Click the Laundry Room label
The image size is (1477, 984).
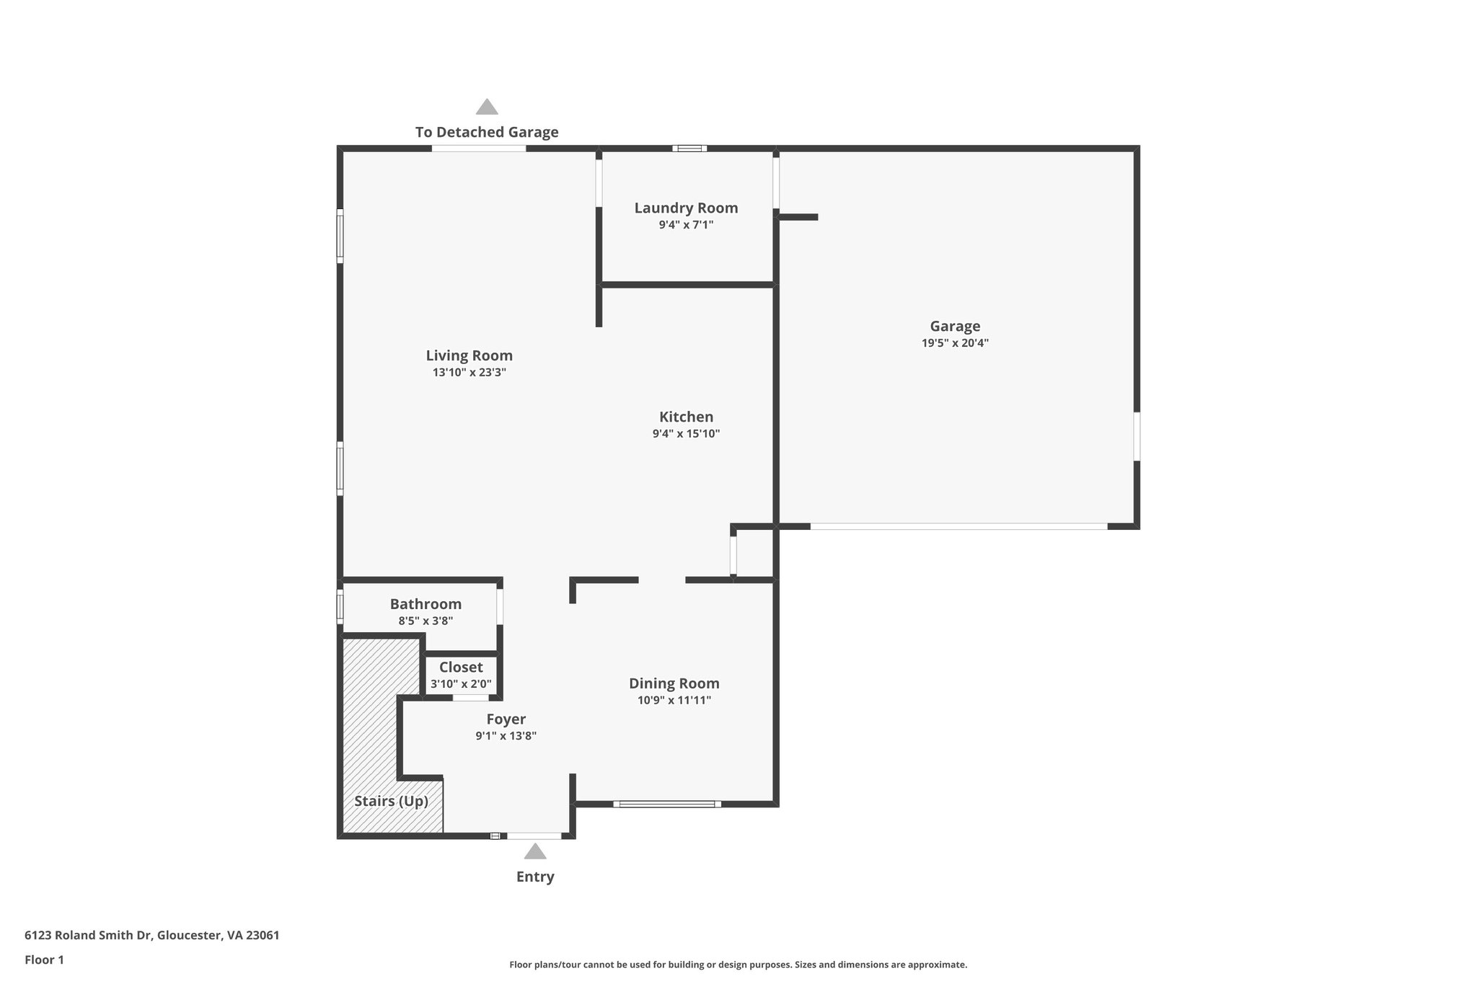coord(686,208)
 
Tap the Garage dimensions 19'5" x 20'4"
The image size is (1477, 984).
coord(955,343)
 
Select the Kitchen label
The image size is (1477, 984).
coord(686,417)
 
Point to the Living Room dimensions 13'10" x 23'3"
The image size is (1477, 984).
coord(469,373)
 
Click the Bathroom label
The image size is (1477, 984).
coord(426,604)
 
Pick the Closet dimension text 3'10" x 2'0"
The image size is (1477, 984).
coord(461,683)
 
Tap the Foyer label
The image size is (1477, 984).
coord(506,719)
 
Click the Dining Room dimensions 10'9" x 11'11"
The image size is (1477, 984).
coord(674,700)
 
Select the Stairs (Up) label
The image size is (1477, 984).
coord(392,801)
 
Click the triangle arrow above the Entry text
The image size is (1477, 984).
coord(534,851)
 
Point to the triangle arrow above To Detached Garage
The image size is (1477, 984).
coord(487,107)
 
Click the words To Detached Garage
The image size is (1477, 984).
coord(487,132)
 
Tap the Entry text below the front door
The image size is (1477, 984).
coord(534,877)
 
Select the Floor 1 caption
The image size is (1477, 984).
coord(44,959)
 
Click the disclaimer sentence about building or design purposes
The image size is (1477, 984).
coord(738,965)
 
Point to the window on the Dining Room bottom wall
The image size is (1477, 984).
coord(667,803)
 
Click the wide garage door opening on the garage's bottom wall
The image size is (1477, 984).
coord(958,526)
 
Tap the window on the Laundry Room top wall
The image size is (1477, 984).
coord(689,149)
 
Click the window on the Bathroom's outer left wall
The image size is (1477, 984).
coord(340,606)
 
